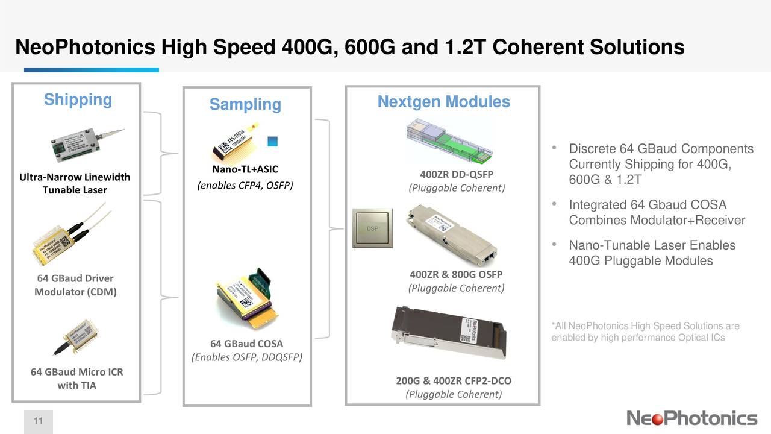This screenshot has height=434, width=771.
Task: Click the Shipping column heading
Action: tap(78, 100)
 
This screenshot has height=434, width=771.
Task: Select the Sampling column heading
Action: tap(245, 105)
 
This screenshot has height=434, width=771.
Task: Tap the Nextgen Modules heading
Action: tap(443, 102)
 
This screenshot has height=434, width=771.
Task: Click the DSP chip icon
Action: tap(372, 228)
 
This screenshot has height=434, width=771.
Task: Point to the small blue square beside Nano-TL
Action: tap(272, 142)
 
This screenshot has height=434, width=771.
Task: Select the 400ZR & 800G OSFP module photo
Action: tap(452, 234)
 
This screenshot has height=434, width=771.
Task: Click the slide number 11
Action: tap(38, 421)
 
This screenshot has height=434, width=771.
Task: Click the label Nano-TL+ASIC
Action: tap(245, 169)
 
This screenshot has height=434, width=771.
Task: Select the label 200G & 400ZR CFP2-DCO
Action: tap(454, 381)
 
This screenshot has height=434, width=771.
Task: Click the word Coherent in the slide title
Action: tap(542, 47)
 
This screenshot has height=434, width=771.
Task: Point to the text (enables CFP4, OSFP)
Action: tap(245, 184)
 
